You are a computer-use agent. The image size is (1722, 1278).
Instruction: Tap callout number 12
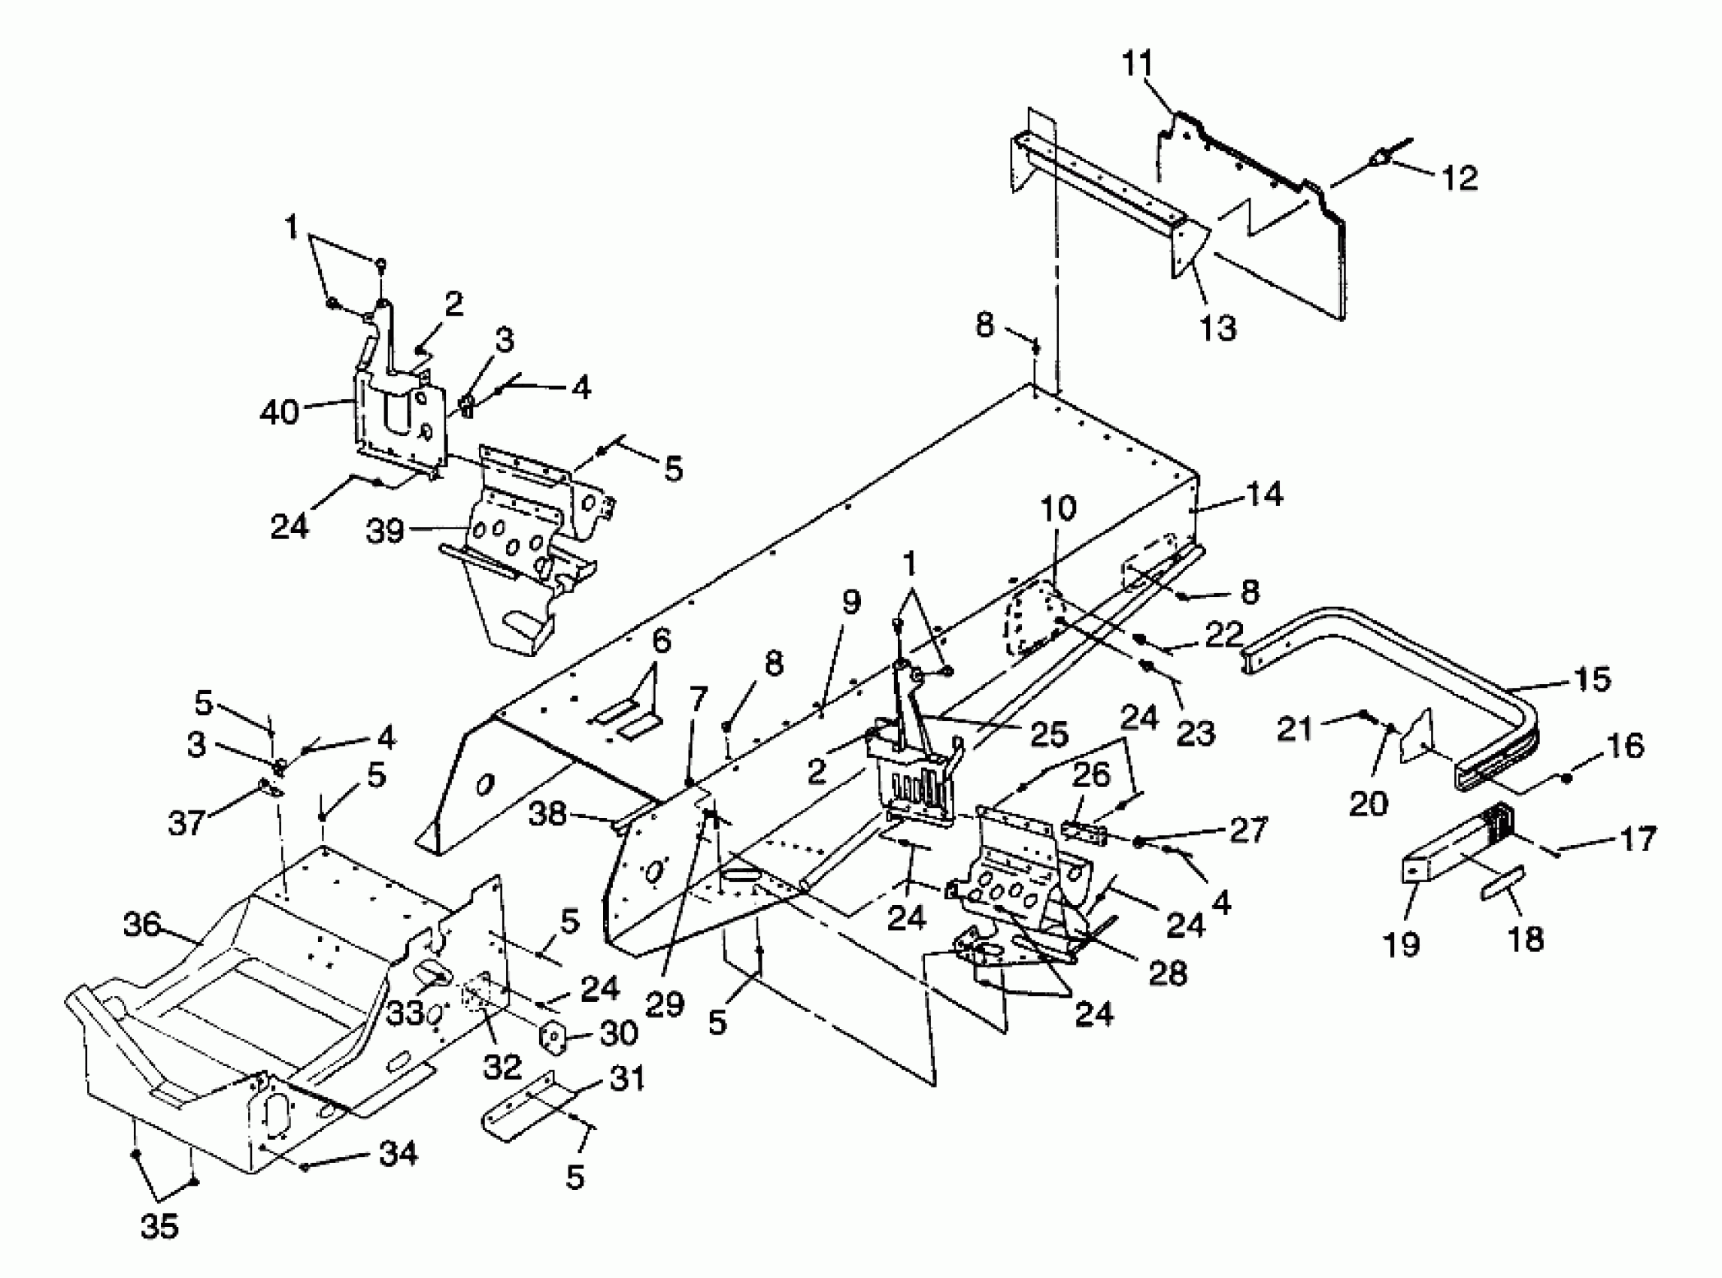coord(1460,178)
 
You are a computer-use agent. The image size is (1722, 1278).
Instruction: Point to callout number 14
coord(1264,494)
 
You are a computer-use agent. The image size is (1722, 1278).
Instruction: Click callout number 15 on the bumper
coord(1592,678)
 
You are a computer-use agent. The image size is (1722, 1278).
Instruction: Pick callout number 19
coord(1402,943)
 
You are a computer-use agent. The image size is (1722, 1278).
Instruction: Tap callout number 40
coord(279,412)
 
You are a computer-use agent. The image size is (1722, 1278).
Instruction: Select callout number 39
coord(385,531)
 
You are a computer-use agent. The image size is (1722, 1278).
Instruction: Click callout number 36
coord(142,925)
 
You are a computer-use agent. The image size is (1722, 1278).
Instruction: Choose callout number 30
coord(619,1033)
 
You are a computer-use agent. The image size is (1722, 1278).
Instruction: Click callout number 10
coord(1057,508)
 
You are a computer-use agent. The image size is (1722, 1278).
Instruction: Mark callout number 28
coord(1167,974)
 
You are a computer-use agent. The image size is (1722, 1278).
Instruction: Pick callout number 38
coord(547,814)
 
